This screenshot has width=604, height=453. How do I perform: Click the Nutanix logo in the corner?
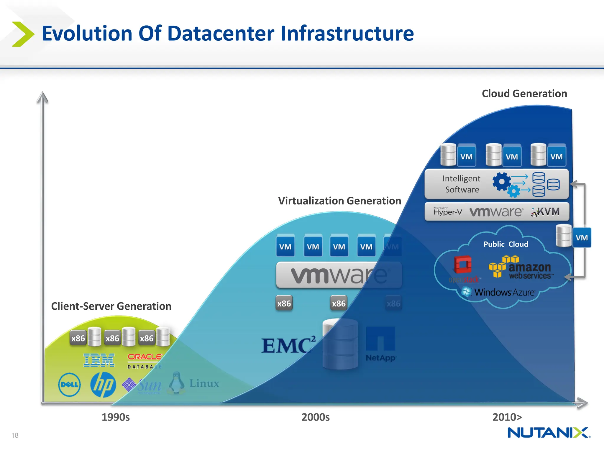click(x=549, y=433)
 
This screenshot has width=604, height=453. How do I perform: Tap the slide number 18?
click(x=15, y=435)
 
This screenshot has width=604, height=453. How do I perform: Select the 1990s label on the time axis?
click(x=116, y=417)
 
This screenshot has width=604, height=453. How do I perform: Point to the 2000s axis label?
click(x=315, y=417)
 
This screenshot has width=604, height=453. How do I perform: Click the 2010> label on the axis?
click(x=507, y=417)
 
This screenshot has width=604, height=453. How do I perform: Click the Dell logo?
click(x=69, y=384)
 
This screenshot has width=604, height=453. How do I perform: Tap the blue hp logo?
click(x=103, y=384)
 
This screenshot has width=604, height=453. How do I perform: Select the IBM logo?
click(x=99, y=360)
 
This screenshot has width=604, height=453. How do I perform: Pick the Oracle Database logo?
click(x=145, y=361)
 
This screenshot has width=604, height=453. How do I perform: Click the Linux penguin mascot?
click(x=177, y=383)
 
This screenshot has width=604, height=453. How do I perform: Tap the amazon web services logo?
click(x=521, y=267)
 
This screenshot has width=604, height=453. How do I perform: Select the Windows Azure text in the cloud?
click(x=504, y=292)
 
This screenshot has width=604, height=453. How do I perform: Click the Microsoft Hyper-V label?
click(x=447, y=211)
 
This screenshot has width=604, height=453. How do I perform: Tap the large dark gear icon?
click(x=501, y=181)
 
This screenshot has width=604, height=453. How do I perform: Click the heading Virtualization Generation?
click(x=339, y=201)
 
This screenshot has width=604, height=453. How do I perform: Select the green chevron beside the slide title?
click(x=23, y=34)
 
